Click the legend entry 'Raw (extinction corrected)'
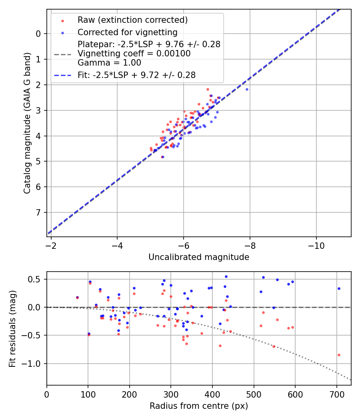[x=132, y=20]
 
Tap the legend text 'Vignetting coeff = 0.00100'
[x=134, y=54]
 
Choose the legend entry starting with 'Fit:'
[x=136, y=75]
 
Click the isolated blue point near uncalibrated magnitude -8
[x=247, y=89]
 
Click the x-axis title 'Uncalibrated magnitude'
[x=199, y=257]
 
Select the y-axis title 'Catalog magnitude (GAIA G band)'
[x=27, y=123]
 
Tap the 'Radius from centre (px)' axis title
[x=199, y=406]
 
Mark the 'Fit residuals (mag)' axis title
[x=13, y=328]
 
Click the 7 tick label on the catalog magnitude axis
[x=38, y=212]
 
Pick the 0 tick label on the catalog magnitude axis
[x=38, y=34]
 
